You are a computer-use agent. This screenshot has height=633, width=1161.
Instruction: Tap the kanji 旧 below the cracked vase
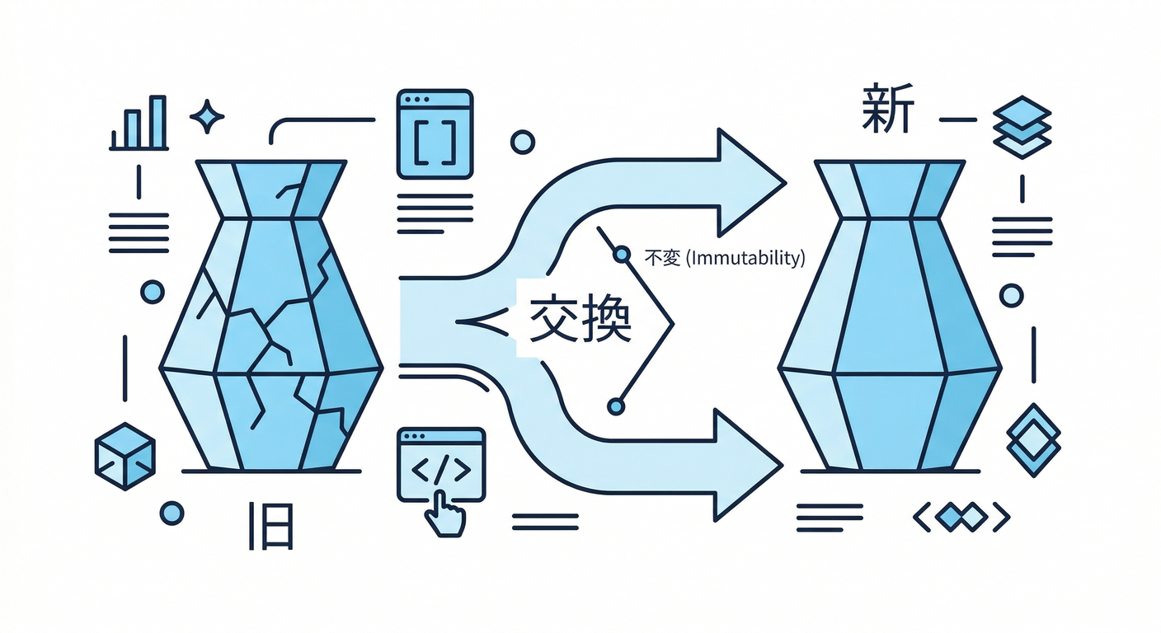coord(271,526)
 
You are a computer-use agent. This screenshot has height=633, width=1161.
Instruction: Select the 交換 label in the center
coord(580,318)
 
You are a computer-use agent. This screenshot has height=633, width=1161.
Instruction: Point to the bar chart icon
coord(139,123)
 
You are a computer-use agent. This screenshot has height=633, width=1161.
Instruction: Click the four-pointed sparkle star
coord(207,116)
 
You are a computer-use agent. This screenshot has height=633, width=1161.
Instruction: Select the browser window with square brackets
coord(435,134)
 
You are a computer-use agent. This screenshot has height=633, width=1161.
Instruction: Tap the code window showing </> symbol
coord(441,465)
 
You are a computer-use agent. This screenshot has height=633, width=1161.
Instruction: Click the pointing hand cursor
coord(444,514)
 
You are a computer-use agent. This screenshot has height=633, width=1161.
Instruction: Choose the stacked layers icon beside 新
coord(1022,127)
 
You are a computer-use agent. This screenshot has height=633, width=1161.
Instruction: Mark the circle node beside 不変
coord(622,255)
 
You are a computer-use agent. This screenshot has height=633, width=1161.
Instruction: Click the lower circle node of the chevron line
coord(616,406)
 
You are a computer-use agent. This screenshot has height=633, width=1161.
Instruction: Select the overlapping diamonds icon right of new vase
coord(1033,440)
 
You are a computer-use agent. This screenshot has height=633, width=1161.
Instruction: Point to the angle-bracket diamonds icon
coord(961,517)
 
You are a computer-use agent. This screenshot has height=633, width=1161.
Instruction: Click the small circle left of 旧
coord(172,513)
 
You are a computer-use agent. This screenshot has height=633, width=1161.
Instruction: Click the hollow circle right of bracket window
coord(523,142)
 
